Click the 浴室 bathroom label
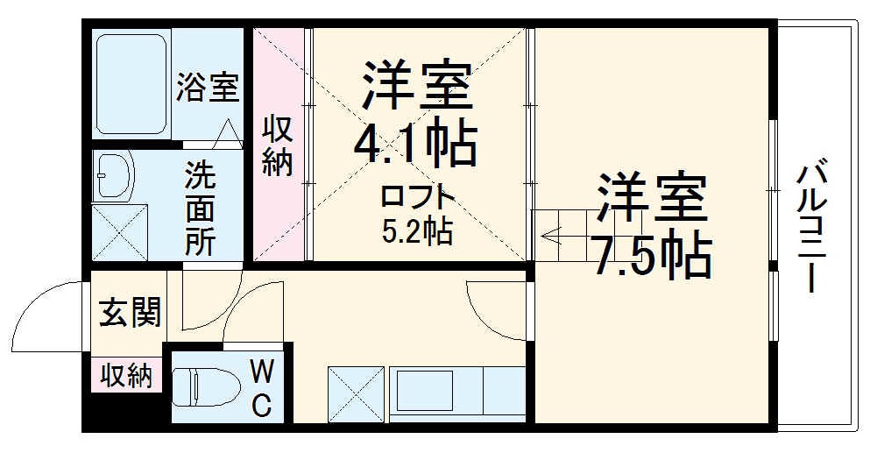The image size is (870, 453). click(x=208, y=88)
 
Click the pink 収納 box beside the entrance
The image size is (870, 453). click(x=124, y=375)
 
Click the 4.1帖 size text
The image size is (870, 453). click(x=414, y=143)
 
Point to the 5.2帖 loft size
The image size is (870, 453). click(x=417, y=230)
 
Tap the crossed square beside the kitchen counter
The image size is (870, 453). click(x=356, y=393)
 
